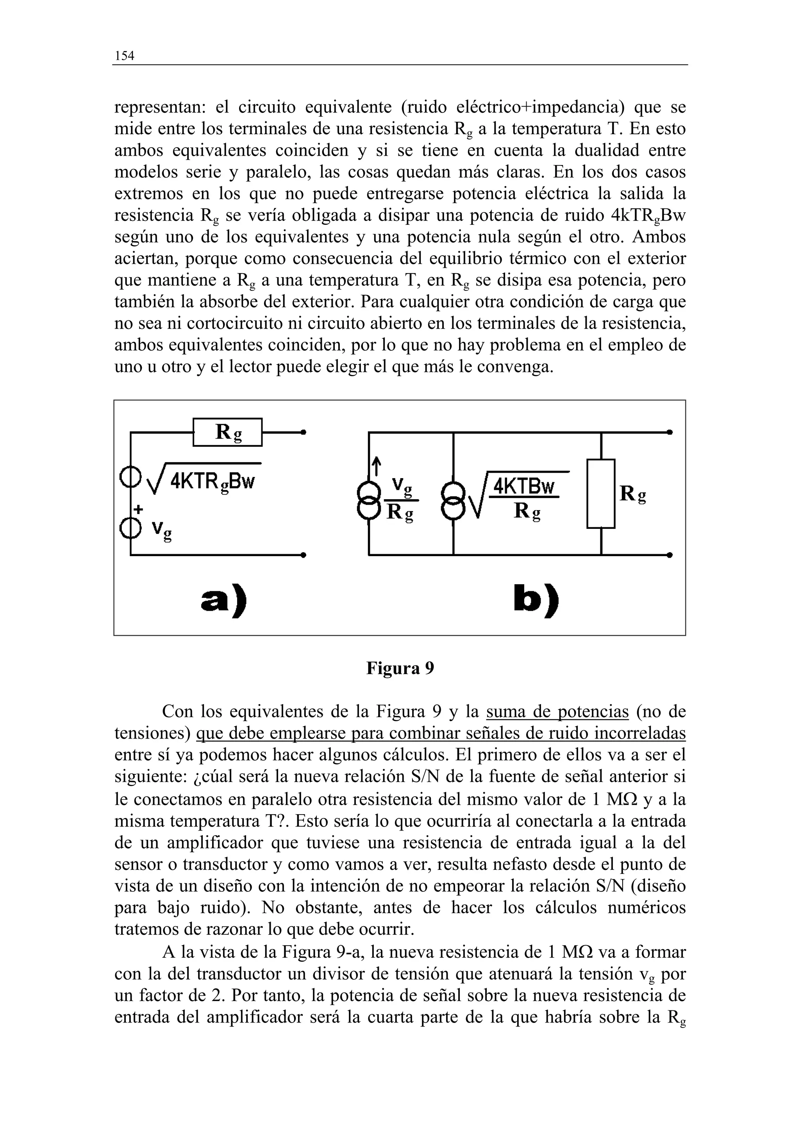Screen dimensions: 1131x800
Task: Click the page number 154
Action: click(124, 56)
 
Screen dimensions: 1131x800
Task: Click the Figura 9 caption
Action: click(400, 669)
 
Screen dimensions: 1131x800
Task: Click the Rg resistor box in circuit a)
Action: click(227, 432)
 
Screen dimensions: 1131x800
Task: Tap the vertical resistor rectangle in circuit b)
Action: click(600, 494)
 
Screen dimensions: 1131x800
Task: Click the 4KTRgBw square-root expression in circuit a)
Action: click(207, 479)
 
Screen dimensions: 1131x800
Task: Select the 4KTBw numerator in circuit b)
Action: click(524, 486)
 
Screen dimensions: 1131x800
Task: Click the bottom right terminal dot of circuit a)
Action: click(304, 555)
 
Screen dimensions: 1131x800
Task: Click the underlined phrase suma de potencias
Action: click(557, 712)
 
